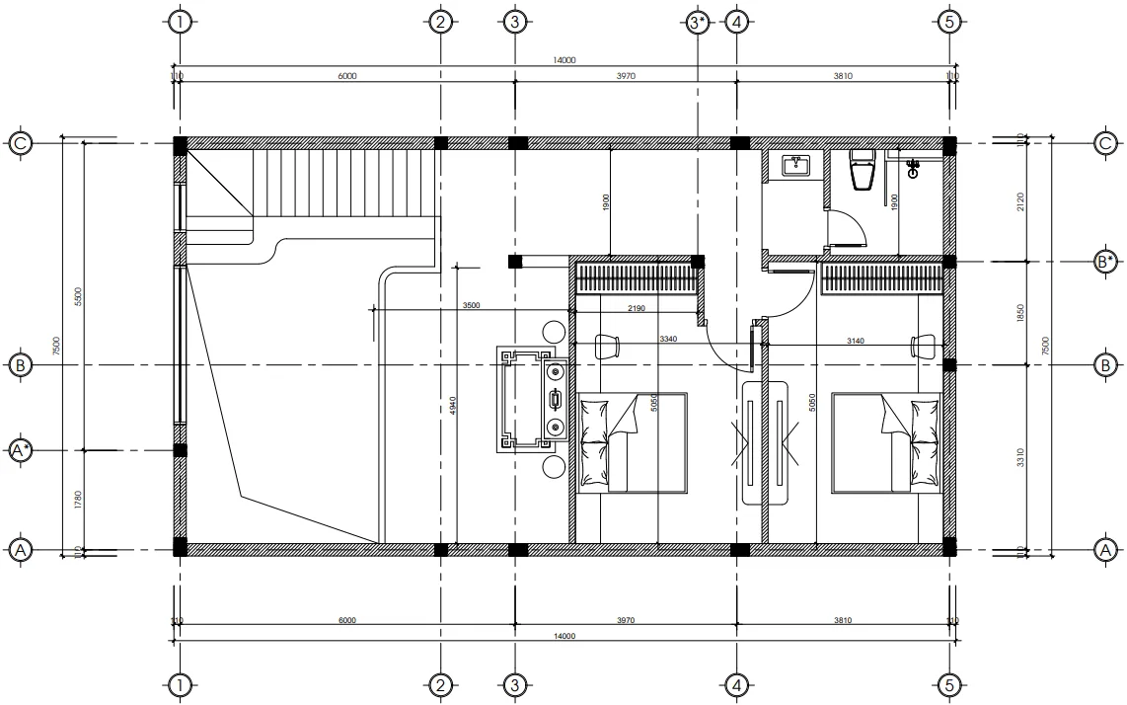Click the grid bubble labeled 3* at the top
[x=697, y=22]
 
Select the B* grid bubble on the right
[x=1105, y=262]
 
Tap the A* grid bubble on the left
[x=21, y=451]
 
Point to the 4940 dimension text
[x=452, y=405]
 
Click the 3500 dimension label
[x=471, y=306]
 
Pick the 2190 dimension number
[x=637, y=309]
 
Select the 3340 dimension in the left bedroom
[x=668, y=339]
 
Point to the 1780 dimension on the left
[x=78, y=500]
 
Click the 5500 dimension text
[x=78, y=296]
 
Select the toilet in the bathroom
[x=862, y=169]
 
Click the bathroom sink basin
[x=796, y=165]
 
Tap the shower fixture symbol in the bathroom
[x=913, y=169]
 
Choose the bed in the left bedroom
[x=632, y=442]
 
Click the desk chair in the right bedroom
[x=923, y=345]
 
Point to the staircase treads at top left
[x=345, y=183]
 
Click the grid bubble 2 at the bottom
[x=440, y=684]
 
